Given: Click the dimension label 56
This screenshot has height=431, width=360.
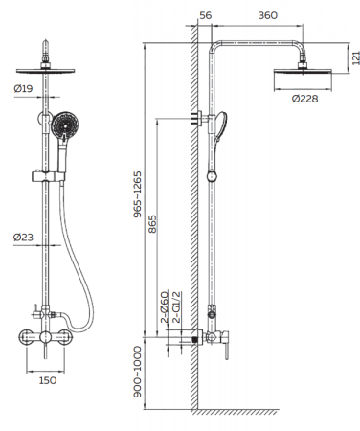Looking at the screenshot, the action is pos(205,15).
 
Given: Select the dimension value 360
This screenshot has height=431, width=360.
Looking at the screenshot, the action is pos(267,15).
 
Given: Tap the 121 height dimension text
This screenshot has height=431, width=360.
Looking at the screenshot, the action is pos(356,57).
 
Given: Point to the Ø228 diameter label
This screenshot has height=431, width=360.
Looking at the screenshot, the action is pos(304,99).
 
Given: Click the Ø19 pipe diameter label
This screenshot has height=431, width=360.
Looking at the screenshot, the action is pos(23,88).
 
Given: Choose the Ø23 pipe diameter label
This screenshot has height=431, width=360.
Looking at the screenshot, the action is pos(23,238).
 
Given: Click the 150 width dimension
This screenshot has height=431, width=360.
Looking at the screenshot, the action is pos(48,380).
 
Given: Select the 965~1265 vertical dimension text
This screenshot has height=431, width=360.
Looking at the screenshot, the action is pos(137,194).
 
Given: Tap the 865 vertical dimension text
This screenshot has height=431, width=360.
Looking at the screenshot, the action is pos(153,224).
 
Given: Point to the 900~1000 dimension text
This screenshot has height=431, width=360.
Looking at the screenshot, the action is pos(137,372).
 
